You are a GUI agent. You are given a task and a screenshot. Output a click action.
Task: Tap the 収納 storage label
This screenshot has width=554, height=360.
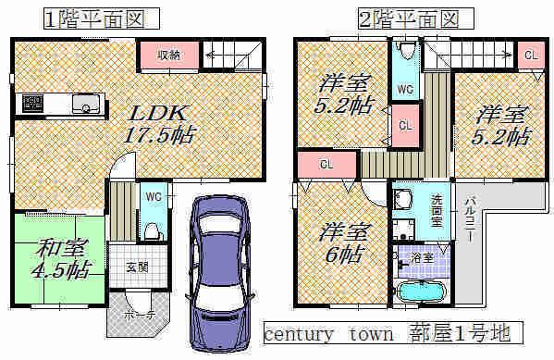coord(167,55)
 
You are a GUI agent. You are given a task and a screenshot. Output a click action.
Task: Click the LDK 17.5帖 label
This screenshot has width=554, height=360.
coord(163,124)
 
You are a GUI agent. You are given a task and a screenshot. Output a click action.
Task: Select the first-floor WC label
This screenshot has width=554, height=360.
coord(153,195)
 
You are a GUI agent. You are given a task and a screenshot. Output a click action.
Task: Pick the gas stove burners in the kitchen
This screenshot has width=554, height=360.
coord(29,102)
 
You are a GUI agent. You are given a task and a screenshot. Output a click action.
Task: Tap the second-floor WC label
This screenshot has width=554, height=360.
coord(405,90)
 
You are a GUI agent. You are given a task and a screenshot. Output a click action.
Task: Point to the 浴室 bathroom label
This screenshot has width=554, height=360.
coord(432,250)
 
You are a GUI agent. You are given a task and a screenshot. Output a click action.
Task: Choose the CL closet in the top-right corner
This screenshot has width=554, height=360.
coord(530,55)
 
